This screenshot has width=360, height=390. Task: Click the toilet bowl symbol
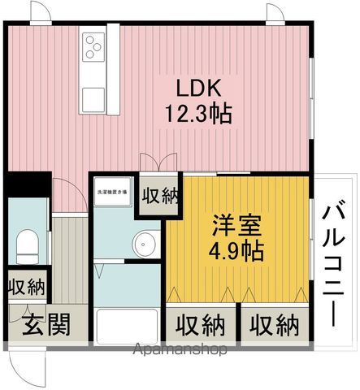coord(27,243)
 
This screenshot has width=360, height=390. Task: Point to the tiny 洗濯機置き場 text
coord(112,192)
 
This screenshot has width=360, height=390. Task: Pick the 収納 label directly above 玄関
coord(27,287)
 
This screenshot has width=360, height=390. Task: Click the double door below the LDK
coord(158,162)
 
